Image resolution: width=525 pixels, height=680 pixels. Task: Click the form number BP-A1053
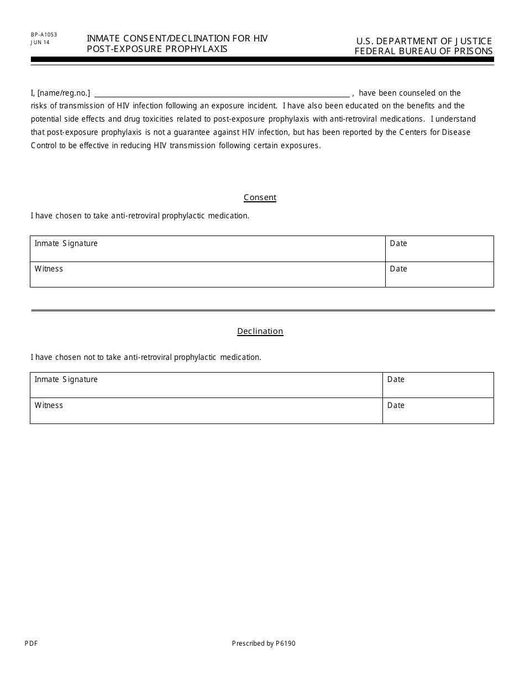[x=44, y=35]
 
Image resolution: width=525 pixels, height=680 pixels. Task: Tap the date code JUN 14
[x=40, y=42]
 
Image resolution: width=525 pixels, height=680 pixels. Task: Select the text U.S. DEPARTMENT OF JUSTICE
[x=424, y=41]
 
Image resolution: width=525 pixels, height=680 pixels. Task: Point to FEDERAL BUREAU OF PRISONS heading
[x=424, y=51]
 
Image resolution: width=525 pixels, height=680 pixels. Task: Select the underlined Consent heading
[x=260, y=197]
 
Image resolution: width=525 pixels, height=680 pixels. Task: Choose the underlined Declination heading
[x=260, y=331]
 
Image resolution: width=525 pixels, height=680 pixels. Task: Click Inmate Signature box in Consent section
[x=207, y=249]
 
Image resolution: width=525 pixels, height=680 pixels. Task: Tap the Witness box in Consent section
[x=207, y=274]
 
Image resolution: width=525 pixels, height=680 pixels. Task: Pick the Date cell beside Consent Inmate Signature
[x=439, y=249]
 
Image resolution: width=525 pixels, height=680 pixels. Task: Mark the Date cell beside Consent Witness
[x=439, y=274]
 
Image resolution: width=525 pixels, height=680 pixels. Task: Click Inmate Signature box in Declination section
[x=206, y=385]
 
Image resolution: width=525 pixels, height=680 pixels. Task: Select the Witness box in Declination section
[x=206, y=411]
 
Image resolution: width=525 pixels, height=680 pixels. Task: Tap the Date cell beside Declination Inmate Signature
[x=438, y=385]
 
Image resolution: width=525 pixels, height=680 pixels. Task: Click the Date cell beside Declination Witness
[x=438, y=411]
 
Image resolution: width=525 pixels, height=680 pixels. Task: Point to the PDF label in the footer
[x=31, y=643]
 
